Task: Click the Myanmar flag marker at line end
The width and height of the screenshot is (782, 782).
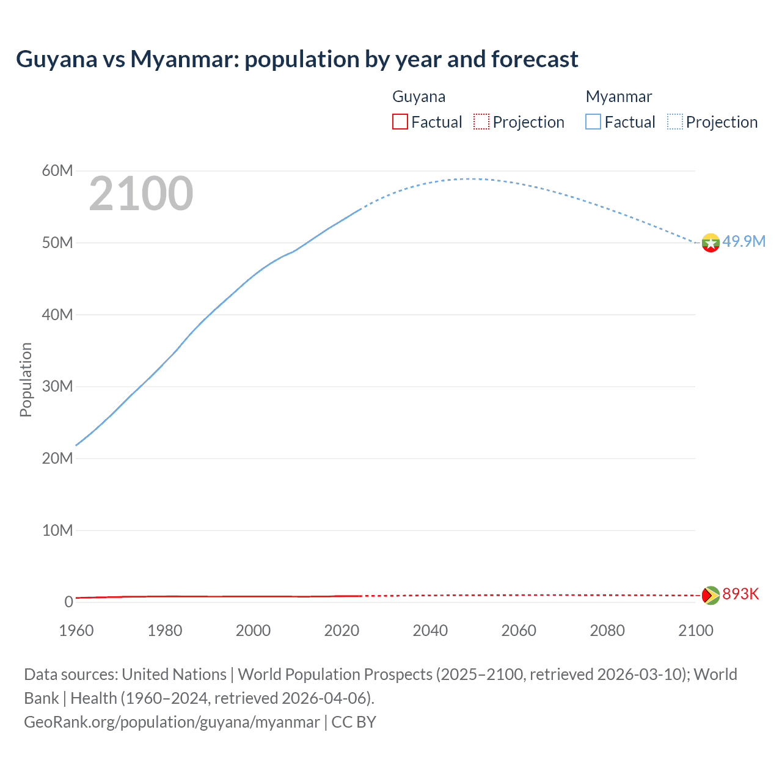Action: [x=711, y=243]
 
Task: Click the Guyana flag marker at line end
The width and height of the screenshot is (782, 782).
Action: [x=711, y=595]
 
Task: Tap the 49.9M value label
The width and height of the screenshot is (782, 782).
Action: [x=744, y=241]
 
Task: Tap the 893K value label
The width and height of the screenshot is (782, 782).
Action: [x=740, y=594]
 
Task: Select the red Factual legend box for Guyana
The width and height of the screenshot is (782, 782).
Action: [x=400, y=122]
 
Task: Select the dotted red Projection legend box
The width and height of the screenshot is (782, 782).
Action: [x=481, y=122]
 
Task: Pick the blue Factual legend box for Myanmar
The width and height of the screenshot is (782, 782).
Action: [x=593, y=122]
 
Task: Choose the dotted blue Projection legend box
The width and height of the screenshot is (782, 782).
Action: [x=675, y=122]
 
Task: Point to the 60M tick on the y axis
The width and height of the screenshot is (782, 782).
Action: [x=57, y=170]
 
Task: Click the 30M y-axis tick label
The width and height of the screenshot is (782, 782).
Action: [x=57, y=386]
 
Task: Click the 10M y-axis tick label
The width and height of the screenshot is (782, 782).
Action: [x=57, y=530]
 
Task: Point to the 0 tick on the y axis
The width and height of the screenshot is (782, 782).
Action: [x=68, y=602]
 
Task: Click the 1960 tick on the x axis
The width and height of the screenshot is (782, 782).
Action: [x=76, y=630]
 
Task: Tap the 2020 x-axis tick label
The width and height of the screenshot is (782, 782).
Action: [x=342, y=630]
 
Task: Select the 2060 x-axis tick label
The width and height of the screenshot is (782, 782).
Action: [x=519, y=630]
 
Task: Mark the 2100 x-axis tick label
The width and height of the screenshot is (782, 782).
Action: [x=695, y=630]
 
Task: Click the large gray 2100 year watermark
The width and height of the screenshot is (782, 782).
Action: [x=141, y=194]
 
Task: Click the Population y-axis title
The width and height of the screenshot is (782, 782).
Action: [x=26, y=380]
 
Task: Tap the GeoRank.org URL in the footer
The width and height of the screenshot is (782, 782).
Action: [x=172, y=722]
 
